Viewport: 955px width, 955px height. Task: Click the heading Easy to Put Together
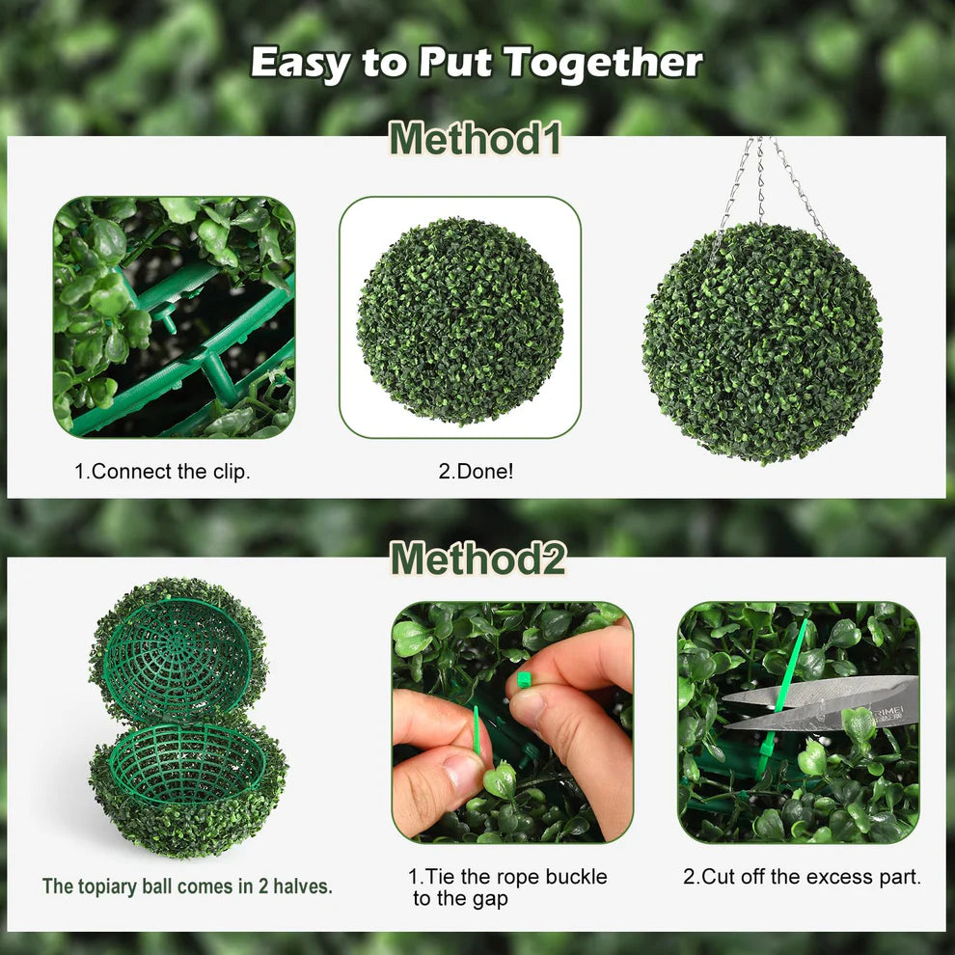(477, 63)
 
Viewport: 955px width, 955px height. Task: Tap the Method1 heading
(476, 138)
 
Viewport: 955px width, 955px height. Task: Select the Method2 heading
(477, 559)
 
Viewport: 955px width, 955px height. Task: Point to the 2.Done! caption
(476, 473)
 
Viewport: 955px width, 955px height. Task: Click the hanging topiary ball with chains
(762, 342)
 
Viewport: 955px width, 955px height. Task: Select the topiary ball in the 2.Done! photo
(460, 319)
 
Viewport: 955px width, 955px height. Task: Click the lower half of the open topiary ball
(187, 786)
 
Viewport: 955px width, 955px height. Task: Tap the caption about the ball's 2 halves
(187, 886)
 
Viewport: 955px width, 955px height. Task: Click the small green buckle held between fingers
(525, 679)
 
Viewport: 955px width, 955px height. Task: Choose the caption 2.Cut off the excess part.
(802, 877)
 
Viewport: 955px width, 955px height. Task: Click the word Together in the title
(603, 63)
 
